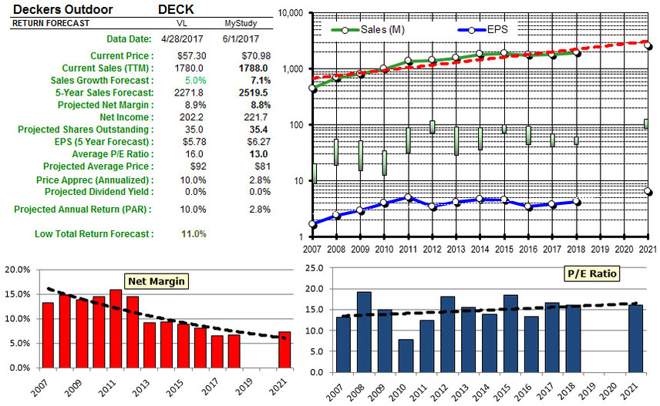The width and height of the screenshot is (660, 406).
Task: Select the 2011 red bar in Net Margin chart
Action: click(116, 329)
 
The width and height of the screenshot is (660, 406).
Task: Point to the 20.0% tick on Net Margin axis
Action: click(18, 270)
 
